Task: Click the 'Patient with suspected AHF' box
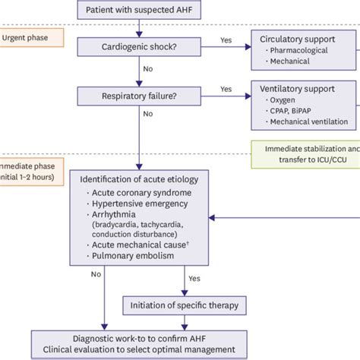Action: coord(139,10)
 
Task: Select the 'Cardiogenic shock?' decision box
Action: coord(139,48)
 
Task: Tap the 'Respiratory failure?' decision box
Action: coord(139,96)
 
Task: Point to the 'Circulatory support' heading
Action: coord(302,39)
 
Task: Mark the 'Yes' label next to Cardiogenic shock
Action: coord(226,40)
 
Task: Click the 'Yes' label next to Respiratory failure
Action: coord(226,89)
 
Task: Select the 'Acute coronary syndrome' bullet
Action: coord(143,193)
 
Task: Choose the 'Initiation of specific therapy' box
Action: coord(182,305)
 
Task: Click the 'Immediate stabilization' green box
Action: coord(307,154)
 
